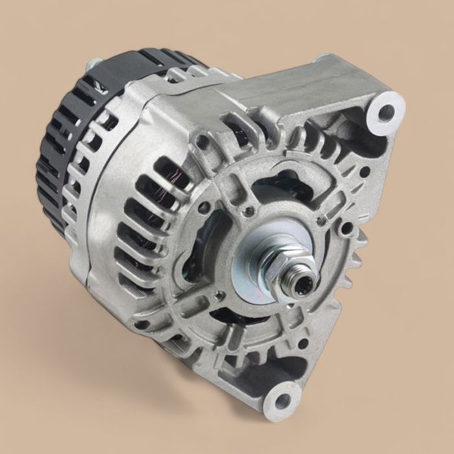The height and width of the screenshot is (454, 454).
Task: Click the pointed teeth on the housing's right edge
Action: [x=353, y=259]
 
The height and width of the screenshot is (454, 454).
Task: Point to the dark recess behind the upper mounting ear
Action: [x=350, y=136]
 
